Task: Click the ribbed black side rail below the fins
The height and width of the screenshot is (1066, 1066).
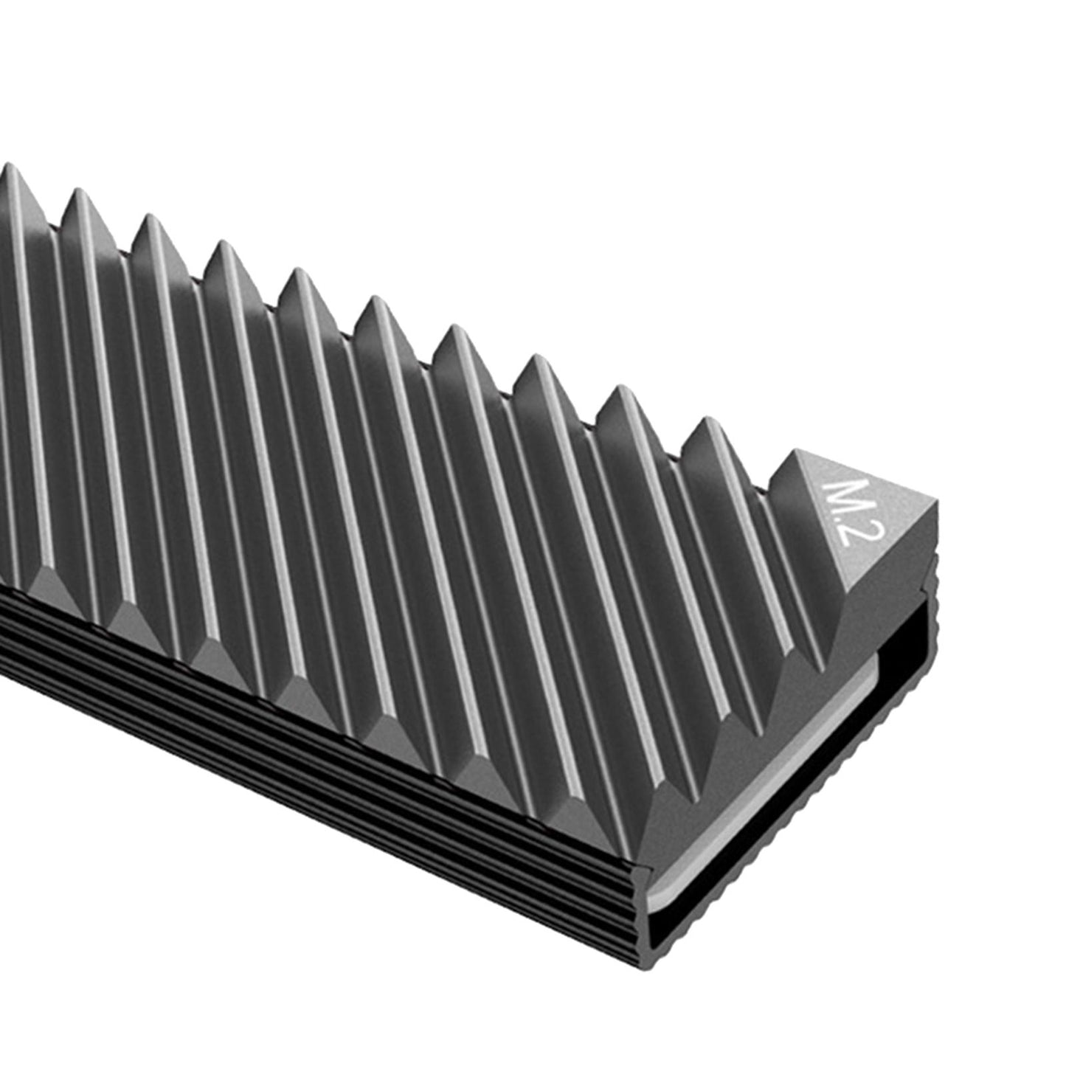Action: click(295, 738)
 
